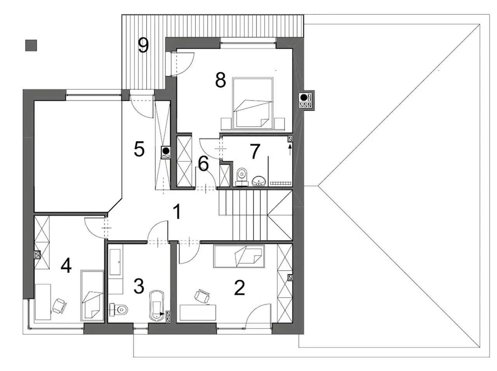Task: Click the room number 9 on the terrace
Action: pyautogui.click(x=143, y=45)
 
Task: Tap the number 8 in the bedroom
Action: pyautogui.click(x=220, y=80)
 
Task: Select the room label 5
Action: pyautogui.click(x=139, y=149)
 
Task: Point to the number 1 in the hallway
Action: pyautogui.click(x=177, y=211)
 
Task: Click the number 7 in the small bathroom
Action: pyautogui.click(x=255, y=152)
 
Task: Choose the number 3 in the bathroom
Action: pyautogui.click(x=139, y=286)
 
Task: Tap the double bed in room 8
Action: pyautogui.click(x=253, y=104)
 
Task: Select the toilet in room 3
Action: pyautogui.click(x=119, y=309)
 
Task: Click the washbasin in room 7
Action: pyautogui.click(x=258, y=181)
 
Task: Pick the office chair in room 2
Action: pyautogui.click(x=202, y=295)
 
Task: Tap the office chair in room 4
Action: pyautogui.click(x=59, y=306)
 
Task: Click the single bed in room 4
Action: pyautogui.click(x=92, y=295)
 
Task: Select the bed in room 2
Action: pyautogui.click(x=239, y=256)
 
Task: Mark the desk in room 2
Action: pyautogui.click(x=198, y=312)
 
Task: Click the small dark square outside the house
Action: pyautogui.click(x=31, y=45)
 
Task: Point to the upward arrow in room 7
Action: pyautogui.click(x=290, y=150)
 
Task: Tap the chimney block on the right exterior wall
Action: pyautogui.click(x=306, y=101)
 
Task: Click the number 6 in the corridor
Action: pyautogui.click(x=203, y=164)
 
